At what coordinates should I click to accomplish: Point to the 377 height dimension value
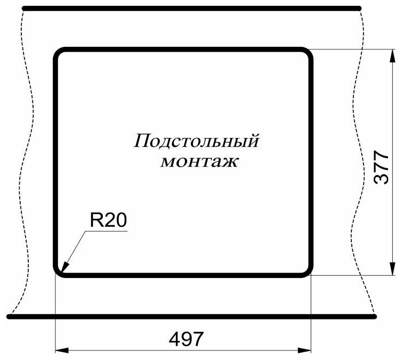(380, 168)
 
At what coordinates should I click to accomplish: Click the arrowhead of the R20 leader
(63, 271)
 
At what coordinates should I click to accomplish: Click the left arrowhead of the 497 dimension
(61, 350)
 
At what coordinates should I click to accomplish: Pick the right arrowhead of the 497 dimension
(306, 350)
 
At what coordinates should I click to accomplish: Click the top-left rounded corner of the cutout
(58, 53)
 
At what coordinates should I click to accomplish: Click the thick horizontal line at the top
(192, 8)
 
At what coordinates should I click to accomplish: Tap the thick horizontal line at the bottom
(192, 316)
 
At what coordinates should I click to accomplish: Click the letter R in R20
(95, 221)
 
